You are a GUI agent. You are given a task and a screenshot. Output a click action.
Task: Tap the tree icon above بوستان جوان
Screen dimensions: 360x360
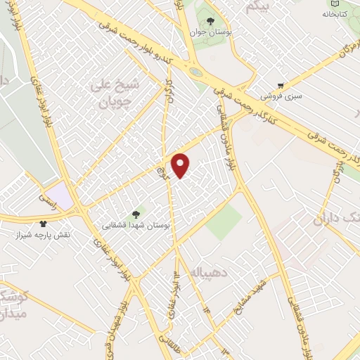[211, 20]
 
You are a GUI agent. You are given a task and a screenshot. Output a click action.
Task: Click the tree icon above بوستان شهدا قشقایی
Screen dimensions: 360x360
[136, 214]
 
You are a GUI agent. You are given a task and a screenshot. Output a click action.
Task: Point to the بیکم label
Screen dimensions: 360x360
[257, 6]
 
